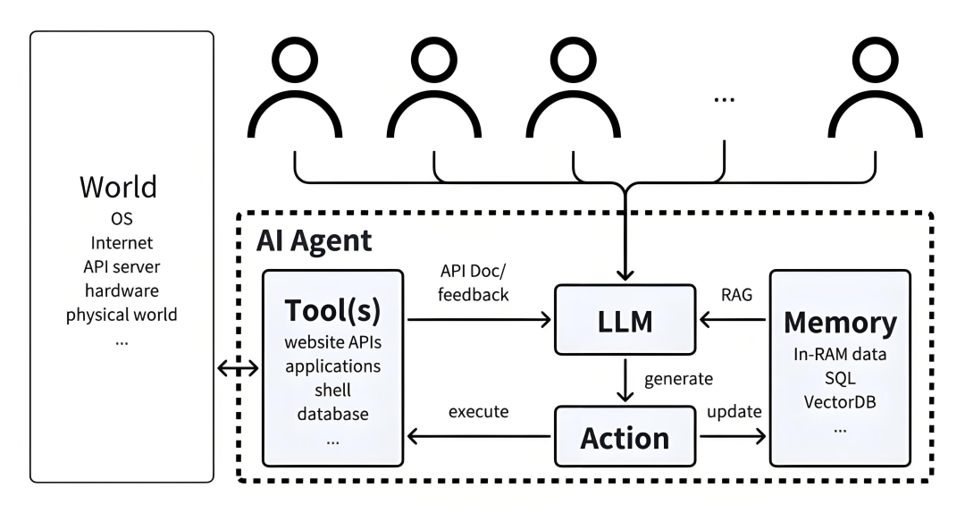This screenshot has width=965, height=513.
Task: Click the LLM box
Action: click(x=625, y=317)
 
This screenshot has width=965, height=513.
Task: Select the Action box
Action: click(x=625, y=437)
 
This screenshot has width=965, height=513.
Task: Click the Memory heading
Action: click(x=840, y=322)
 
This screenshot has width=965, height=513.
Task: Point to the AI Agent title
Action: click(x=314, y=240)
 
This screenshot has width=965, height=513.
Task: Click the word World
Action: click(x=118, y=187)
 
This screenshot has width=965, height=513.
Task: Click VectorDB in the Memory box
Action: click(x=840, y=400)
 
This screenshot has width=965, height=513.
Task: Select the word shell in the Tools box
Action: click(x=331, y=391)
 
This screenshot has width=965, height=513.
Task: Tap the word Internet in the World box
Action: click(x=122, y=242)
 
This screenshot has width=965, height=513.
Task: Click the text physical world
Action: click(x=122, y=315)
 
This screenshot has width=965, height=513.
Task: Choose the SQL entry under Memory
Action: click(x=840, y=377)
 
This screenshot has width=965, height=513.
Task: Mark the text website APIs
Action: click(x=331, y=343)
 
